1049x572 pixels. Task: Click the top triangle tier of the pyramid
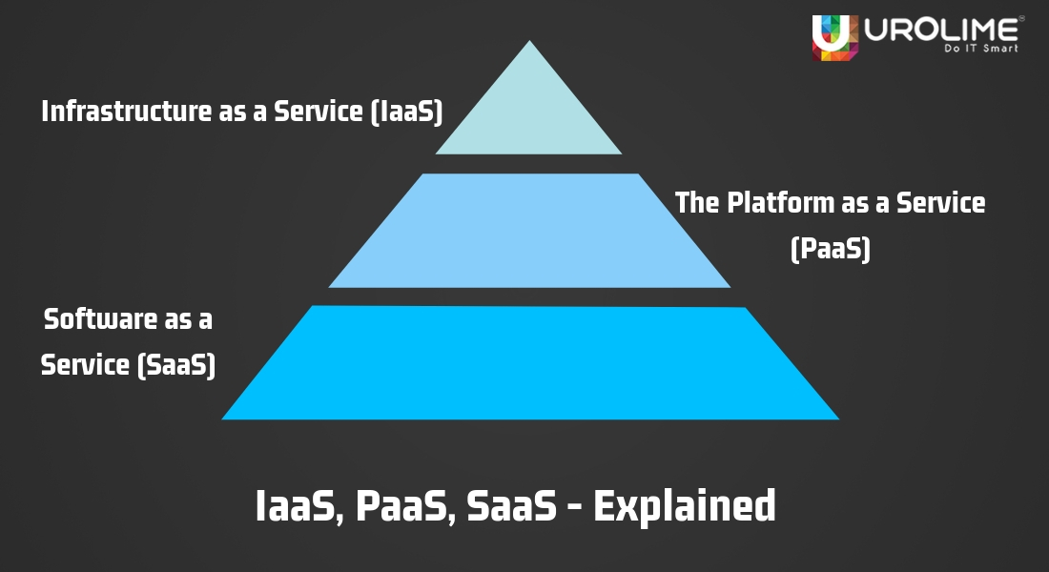point(529,114)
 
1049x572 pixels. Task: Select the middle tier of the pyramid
point(529,231)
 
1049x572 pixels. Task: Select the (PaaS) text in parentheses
point(831,249)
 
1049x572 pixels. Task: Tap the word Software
point(99,319)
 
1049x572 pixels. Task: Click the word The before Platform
point(694,202)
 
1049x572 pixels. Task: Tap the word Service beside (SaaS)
point(86,365)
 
